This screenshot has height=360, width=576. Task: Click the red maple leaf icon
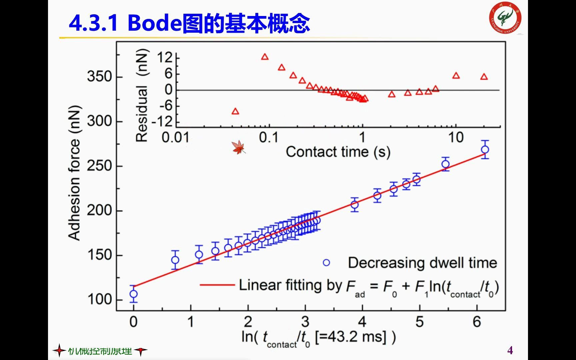point(239,147)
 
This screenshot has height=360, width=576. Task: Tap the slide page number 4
point(510,350)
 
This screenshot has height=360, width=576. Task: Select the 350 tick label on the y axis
point(99,76)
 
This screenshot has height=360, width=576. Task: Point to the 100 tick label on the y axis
point(99,299)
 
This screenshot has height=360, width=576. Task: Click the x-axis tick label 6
point(477,322)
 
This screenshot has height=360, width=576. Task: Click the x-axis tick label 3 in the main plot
point(305,322)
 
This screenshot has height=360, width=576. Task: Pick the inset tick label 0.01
point(175,137)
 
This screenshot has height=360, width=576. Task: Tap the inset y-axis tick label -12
point(163,122)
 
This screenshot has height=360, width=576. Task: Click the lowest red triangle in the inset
point(235,111)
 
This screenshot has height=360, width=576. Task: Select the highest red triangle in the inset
point(265,57)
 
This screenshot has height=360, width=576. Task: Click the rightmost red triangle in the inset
point(484,77)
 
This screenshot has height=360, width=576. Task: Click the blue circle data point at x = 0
point(134,294)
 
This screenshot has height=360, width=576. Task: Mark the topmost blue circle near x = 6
point(485,150)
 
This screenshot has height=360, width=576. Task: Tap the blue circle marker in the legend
point(326,263)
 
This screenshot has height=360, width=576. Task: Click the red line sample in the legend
point(217,285)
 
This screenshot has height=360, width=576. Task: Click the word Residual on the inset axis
point(142,114)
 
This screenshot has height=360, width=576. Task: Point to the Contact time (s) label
point(338,152)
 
